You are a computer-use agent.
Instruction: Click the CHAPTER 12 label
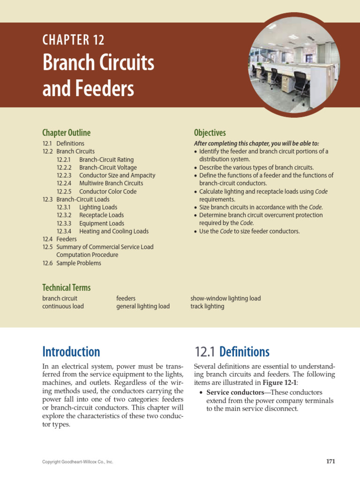73,40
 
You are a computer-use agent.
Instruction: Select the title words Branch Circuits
98,63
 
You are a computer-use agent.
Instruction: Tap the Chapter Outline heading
66,133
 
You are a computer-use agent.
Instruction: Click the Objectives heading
210,133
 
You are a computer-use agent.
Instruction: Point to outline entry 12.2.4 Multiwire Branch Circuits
100,183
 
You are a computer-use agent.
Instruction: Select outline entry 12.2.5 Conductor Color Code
97,191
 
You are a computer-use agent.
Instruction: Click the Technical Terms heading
66,287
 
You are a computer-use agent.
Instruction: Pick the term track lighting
207,306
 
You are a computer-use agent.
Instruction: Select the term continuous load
63,306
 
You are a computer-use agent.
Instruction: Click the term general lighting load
143,306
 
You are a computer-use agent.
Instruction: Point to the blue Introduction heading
71,352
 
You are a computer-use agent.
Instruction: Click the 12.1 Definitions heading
232,352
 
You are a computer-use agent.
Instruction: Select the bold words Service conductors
235,392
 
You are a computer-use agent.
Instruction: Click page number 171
330,461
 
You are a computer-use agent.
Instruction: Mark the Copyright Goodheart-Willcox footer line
77,462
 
